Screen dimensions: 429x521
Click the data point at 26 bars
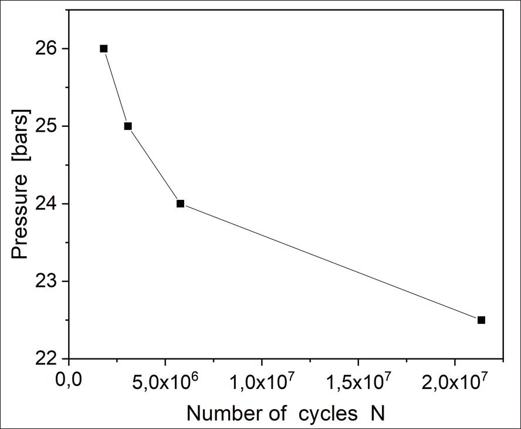(104, 49)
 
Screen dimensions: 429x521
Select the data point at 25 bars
(128, 126)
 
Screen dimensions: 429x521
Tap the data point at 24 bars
(180, 204)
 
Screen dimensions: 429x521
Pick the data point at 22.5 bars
(481, 320)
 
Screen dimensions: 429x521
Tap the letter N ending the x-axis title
(377, 414)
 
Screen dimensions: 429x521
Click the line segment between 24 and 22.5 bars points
(330, 262)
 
